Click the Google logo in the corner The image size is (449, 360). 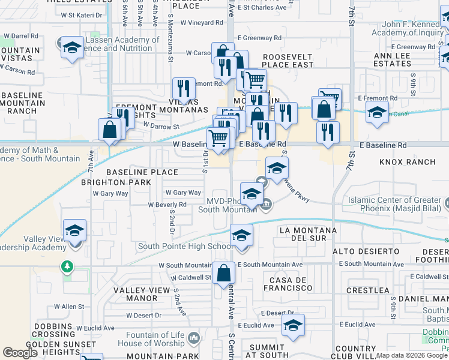[x=21, y=353]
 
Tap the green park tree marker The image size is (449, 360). [x=68, y=266]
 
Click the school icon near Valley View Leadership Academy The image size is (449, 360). [x=74, y=230]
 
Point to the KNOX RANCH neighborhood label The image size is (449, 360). [x=407, y=162]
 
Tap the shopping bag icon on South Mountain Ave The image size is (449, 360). [x=223, y=274]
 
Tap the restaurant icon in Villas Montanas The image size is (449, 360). [x=184, y=89]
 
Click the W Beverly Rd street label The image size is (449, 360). [x=167, y=204]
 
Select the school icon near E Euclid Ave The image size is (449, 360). [x=293, y=325]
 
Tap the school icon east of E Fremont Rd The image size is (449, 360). [x=377, y=113]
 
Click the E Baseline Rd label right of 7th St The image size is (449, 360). [x=383, y=145]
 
